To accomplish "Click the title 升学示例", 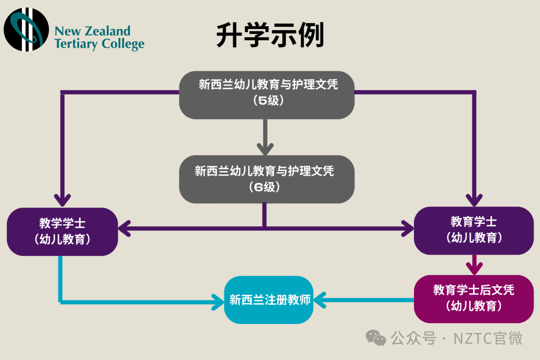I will pyautogui.click(x=270, y=35).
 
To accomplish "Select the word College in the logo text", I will pyautogui.click(x=122, y=44).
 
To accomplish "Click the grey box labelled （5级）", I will pyautogui.click(x=267, y=94).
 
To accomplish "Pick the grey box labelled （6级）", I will pyautogui.click(x=267, y=178).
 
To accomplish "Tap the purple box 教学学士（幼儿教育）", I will pyautogui.click(x=62, y=231).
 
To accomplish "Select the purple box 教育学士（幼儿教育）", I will pyautogui.click(x=473, y=230).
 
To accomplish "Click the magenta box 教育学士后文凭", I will pyautogui.click(x=473, y=298).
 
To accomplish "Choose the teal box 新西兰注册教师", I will pyautogui.click(x=269, y=300).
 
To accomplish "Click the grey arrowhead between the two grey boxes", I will pyautogui.click(x=265, y=148).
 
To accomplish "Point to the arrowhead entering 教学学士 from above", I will pyautogui.click(x=62, y=199).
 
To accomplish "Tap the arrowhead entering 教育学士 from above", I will pyautogui.click(x=474, y=199).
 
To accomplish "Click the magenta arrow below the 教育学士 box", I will pyautogui.click(x=474, y=263).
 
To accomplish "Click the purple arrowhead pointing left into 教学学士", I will pyautogui.click(x=125, y=229).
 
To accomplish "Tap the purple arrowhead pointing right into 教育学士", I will pyautogui.click(x=407, y=229).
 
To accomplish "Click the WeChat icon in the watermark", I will pyautogui.click(x=376, y=338).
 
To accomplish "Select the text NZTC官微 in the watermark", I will pyautogui.click(x=488, y=338).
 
